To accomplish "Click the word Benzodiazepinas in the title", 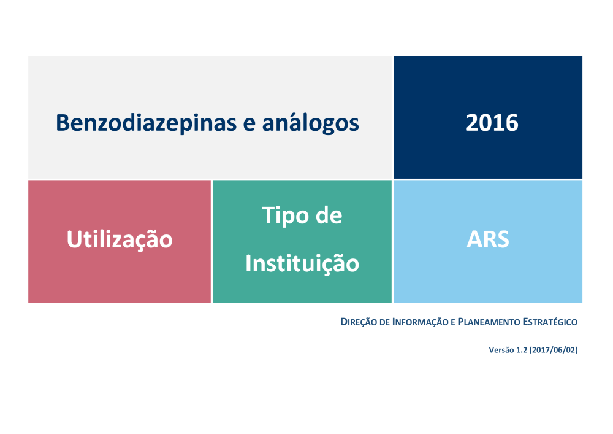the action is [x=147, y=123].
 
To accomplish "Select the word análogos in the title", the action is [x=310, y=123].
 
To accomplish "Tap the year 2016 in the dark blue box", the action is [x=492, y=123].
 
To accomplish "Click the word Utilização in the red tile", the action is [x=120, y=239].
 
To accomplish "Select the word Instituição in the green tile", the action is [x=302, y=263].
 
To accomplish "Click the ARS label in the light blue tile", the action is [x=488, y=239].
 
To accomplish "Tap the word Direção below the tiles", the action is [x=359, y=322].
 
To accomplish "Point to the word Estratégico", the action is [x=550, y=322].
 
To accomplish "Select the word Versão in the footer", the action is [x=501, y=350].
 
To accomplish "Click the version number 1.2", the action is [x=522, y=350].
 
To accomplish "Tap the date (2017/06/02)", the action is [x=554, y=350].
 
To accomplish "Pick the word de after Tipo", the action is [x=329, y=215].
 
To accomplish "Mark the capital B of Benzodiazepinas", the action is [x=63, y=123].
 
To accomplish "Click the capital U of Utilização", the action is [x=74, y=239].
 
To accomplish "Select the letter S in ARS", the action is [x=503, y=239].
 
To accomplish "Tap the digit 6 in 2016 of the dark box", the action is [x=512, y=123].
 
